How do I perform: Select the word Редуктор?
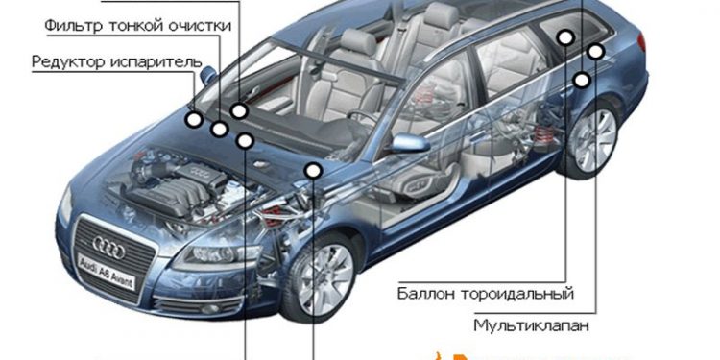[x=68, y=62]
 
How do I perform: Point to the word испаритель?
[x=156, y=63]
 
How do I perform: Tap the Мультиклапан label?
[x=531, y=326]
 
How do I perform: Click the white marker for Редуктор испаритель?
[x=194, y=119]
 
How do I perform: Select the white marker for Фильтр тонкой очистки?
[x=220, y=130]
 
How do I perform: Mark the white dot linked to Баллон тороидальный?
[x=565, y=37]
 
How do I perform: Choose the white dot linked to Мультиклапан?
[x=595, y=52]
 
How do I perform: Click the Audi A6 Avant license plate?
[x=107, y=272]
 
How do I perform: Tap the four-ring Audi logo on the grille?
[x=108, y=248]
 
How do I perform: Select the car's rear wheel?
[x=592, y=139]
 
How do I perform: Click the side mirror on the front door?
[x=410, y=143]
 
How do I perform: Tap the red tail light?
[x=641, y=42]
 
